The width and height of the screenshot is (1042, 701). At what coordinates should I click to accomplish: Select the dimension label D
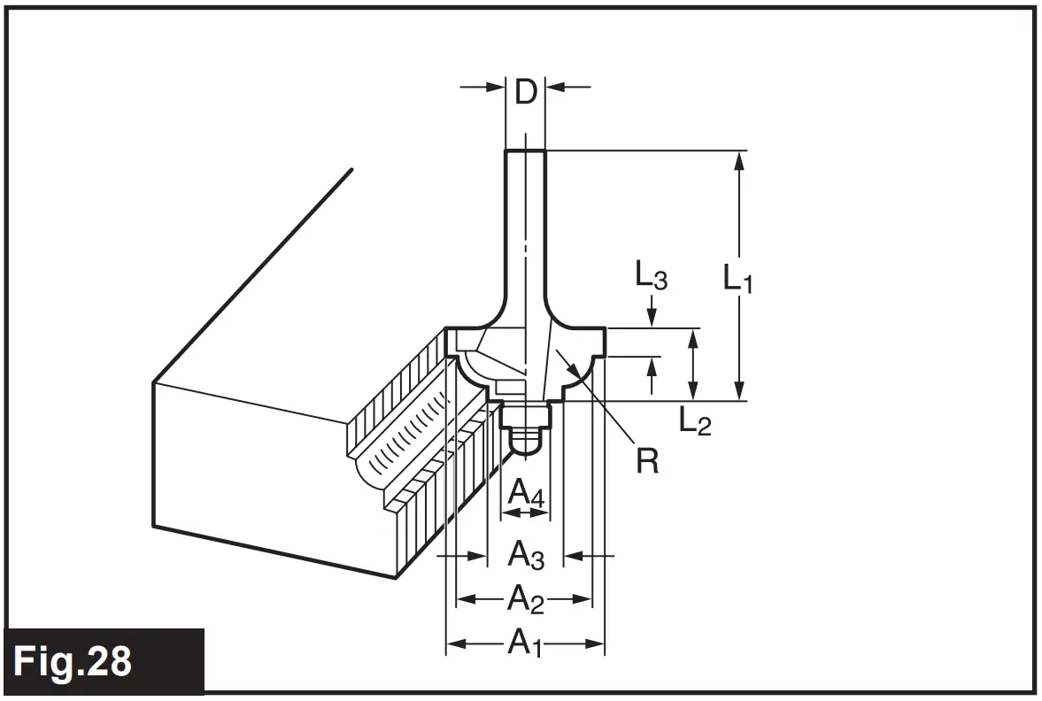pos(526,91)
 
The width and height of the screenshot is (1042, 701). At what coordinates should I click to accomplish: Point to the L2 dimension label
pos(695,422)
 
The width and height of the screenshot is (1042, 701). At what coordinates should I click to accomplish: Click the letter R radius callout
pos(647,460)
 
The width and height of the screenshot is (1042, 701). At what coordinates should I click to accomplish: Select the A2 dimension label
pos(524,600)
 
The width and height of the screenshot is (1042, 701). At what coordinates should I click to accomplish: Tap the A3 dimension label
pos(525,556)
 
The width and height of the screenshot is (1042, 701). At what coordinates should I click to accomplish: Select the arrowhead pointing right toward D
pos(496,87)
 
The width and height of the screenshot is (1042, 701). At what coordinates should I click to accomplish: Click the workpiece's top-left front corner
pos(153,383)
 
